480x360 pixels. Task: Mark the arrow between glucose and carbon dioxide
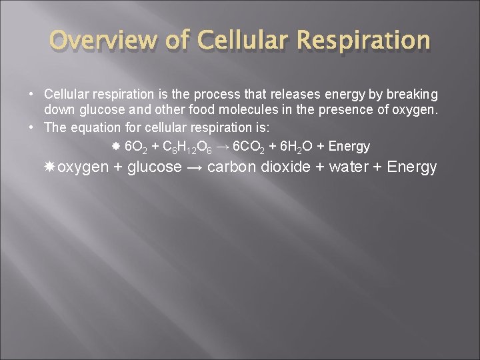tap(194, 167)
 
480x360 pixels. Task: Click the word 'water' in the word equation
tap(348, 167)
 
